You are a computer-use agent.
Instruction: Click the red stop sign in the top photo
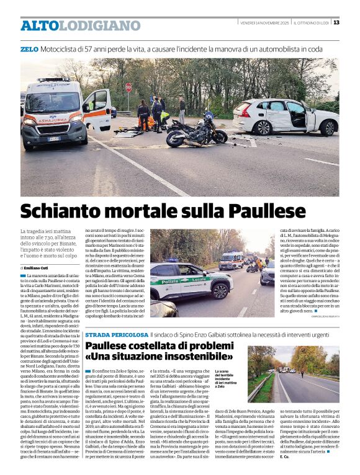pyautogui.click(x=128, y=87)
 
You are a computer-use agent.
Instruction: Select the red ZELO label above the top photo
pyautogui.click(x=29, y=48)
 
